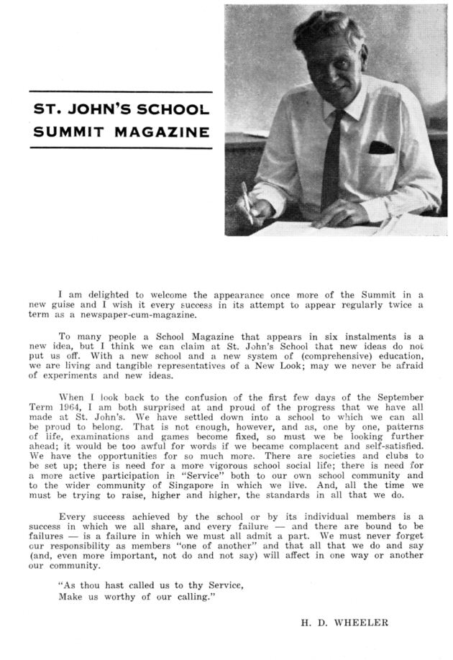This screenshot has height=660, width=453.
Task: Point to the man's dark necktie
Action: pyautogui.click(x=333, y=155)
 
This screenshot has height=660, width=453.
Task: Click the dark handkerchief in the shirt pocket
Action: pyautogui.click(x=381, y=148)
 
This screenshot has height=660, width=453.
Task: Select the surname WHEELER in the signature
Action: pyautogui.click(x=363, y=623)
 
